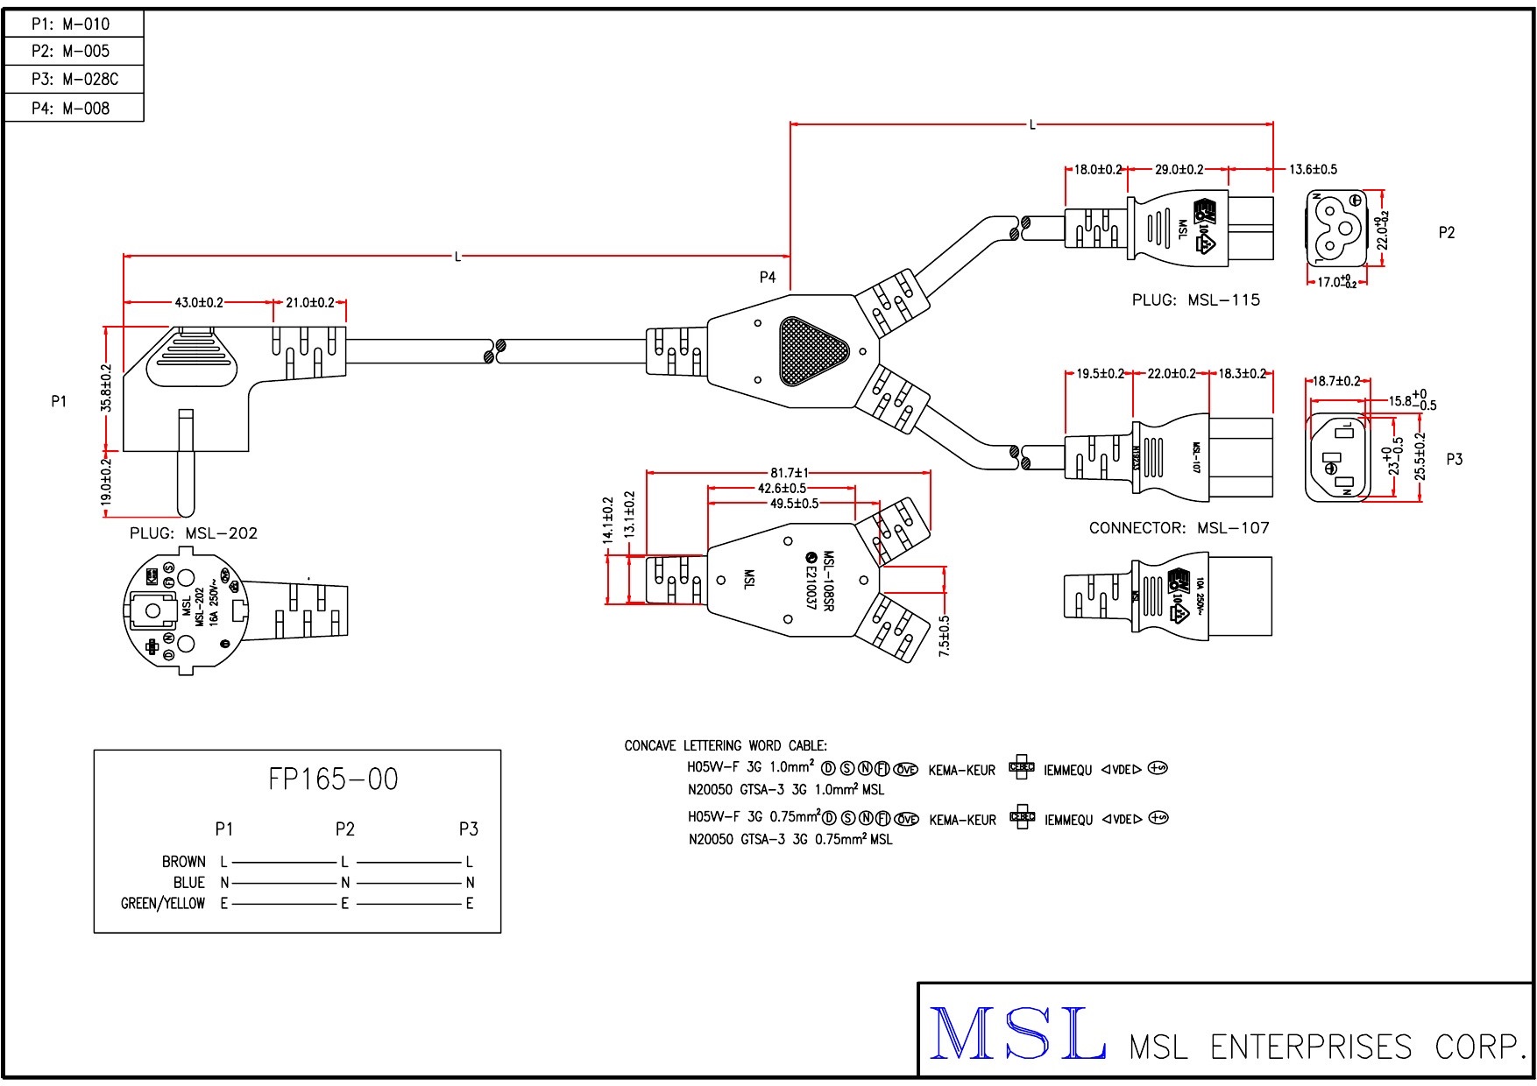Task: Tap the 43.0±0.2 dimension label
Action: pyautogui.click(x=199, y=303)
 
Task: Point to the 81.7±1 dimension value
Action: pyautogui.click(x=790, y=474)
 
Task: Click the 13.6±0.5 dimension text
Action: pyautogui.click(x=1313, y=170)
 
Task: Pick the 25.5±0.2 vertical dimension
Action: pyautogui.click(x=1420, y=456)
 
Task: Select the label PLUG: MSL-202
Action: pyautogui.click(x=194, y=533)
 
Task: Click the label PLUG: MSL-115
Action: pyautogui.click(x=1195, y=300)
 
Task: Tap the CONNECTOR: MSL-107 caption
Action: pyautogui.click(x=1179, y=528)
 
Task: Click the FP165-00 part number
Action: pyautogui.click(x=333, y=779)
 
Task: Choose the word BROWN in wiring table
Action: pyautogui.click(x=184, y=862)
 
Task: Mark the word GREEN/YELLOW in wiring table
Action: pyautogui.click(x=163, y=904)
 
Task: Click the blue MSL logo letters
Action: pyautogui.click(x=1016, y=1033)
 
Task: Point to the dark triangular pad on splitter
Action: pyautogui.click(x=812, y=351)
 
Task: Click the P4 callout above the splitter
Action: pyautogui.click(x=768, y=278)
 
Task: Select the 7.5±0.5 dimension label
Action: pyautogui.click(x=944, y=636)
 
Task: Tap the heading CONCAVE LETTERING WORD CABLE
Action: pyautogui.click(x=726, y=746)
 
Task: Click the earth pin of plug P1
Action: pyautogui.click(x=185, y=462)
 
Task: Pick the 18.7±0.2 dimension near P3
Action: pyautogui.click(x=1336, y=382)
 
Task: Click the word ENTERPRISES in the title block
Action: pyautogui.click(x=1311, y=1047)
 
